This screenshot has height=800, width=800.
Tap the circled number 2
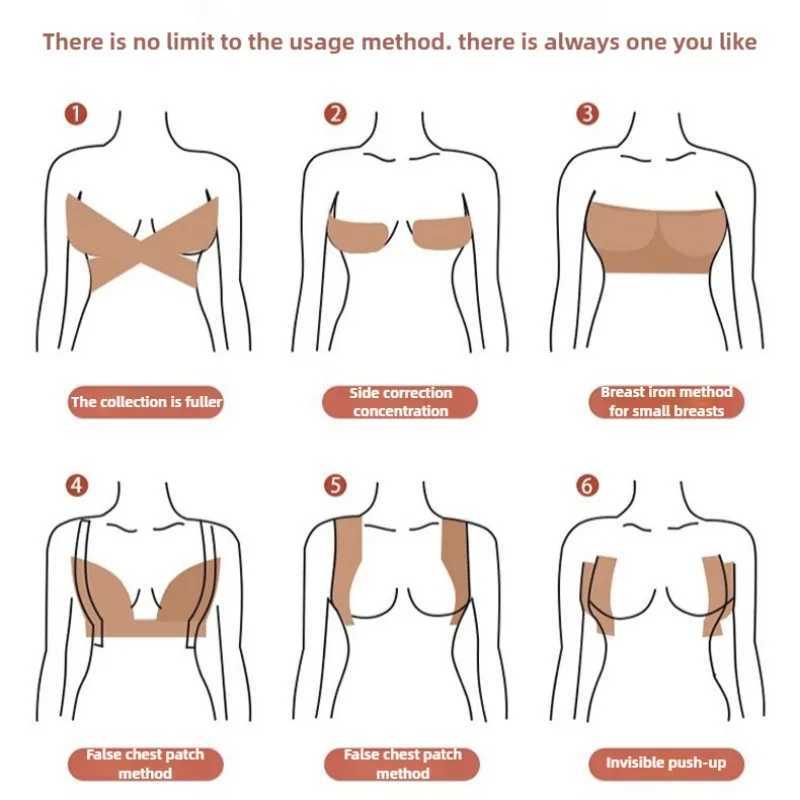click(x=336, y=114)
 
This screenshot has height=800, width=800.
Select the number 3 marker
click(x=589, y=114)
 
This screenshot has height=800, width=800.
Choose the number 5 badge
click(x=336, y=486)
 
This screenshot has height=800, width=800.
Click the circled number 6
click(x=589, y=486)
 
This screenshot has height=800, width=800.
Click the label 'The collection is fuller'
click(x=146, y=402)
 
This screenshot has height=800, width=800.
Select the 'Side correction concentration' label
click(x=400, y=402)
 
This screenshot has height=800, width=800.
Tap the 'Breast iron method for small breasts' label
click(x=666, y=402)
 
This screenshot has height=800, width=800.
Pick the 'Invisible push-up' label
click(x=666, y=764)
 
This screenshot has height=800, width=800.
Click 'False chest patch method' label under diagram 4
click(x=146, y=764)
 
